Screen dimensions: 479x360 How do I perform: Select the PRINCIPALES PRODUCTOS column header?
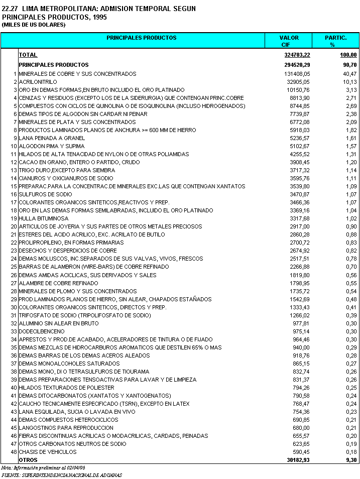click(x=142, y=38)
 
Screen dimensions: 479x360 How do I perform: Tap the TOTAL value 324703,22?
click(x=297, y=55)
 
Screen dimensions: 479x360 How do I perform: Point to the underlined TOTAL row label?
click(x=28, y=55)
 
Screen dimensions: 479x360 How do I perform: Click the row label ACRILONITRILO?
click(x=38, y=82)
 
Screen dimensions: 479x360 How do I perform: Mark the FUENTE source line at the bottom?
click(x=61, y=474)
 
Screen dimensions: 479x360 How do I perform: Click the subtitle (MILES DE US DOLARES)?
click(x=34, y=25)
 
